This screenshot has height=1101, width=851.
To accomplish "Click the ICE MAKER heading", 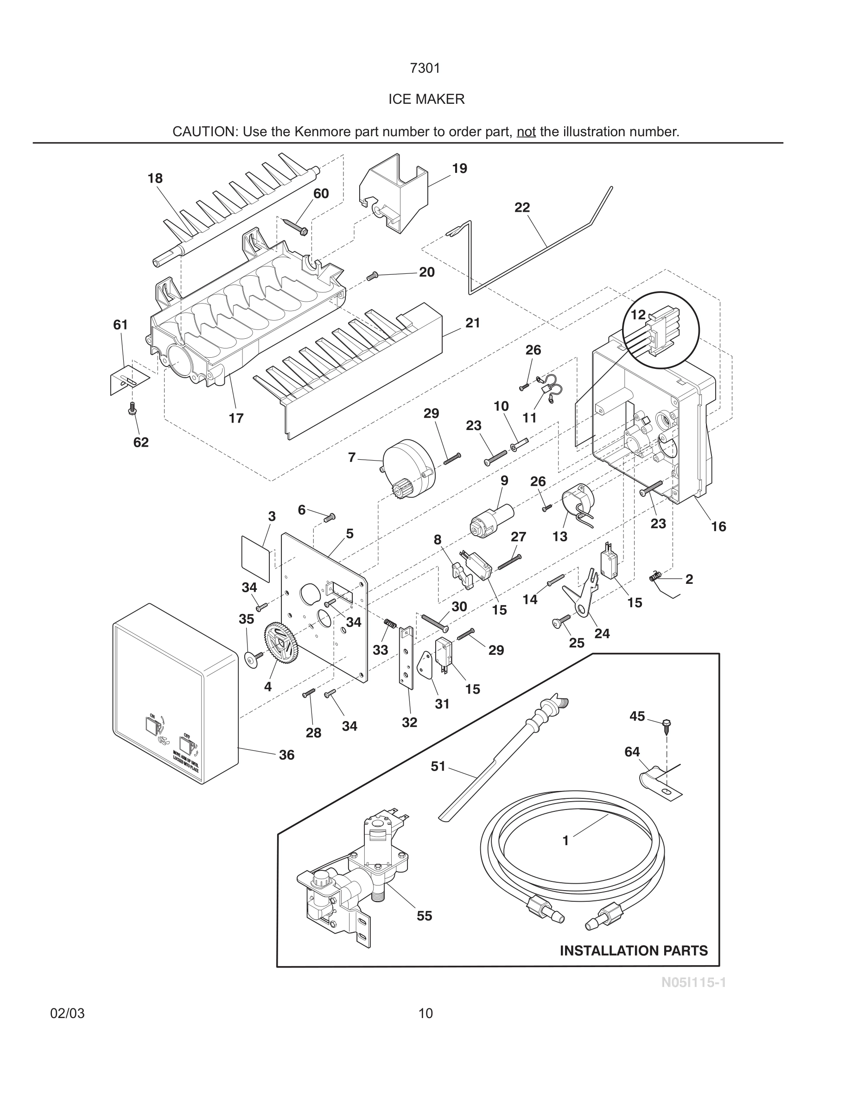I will coord(426,99).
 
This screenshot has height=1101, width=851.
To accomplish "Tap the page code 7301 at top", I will coord(425,68).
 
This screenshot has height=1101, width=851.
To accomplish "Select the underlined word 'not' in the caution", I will coord(526,132).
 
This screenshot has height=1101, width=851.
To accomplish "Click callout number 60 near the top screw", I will coord(321,194).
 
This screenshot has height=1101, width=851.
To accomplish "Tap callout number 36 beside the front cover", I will coord(286,755).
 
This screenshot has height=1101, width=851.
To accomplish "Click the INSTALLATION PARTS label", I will coord(633,951).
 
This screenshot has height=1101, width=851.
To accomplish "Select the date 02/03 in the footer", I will coord(68,1013).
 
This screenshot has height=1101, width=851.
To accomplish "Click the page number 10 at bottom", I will coord(425,1013).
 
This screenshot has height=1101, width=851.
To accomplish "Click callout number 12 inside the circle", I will coord(638,315).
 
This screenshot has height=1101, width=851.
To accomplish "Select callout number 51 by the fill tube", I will coord(438,766).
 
